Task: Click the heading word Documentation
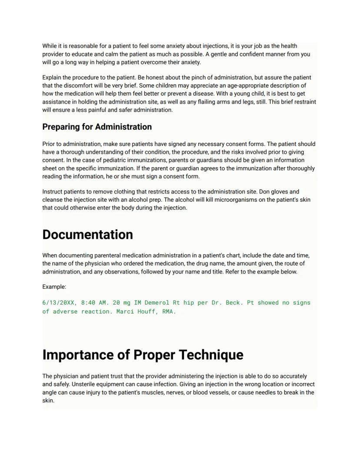click(x=87, y=235)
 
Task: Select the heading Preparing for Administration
click(x=97, y=127)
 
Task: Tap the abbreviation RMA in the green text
click(x=169, y=312)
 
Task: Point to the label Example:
click(x=54, y=287)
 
